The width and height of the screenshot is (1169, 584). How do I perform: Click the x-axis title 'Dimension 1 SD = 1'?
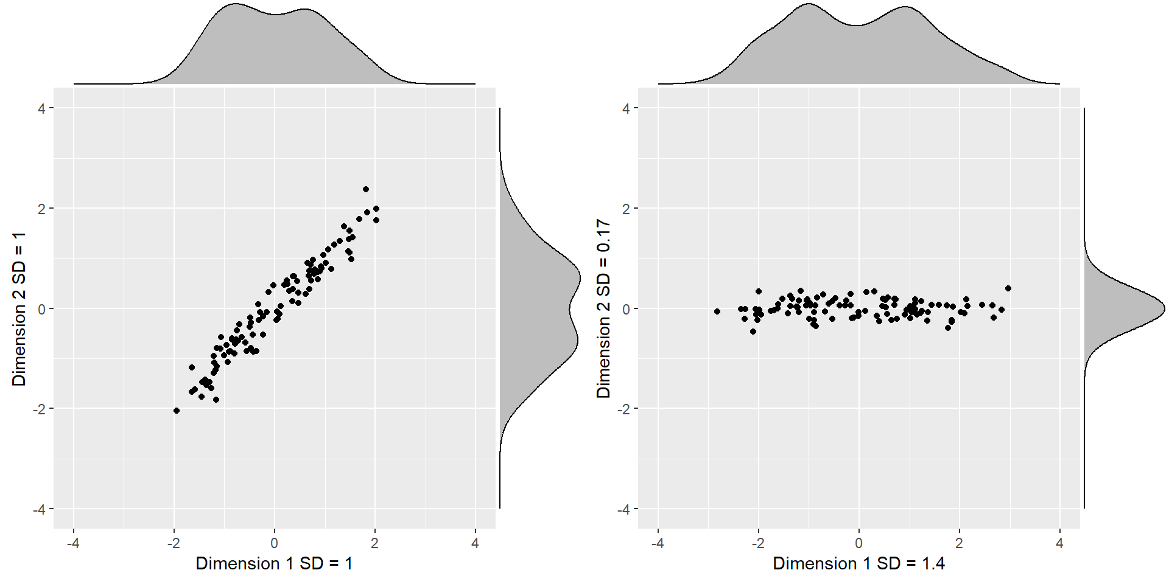pos(274,563)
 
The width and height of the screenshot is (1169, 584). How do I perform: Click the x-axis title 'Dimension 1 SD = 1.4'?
pos(858,563)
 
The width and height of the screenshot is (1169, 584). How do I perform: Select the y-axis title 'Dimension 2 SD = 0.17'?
pos(603,308)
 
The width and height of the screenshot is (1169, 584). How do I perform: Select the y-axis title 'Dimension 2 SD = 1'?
pos(19,308)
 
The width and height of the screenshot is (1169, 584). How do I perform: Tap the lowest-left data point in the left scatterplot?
pos(177,411)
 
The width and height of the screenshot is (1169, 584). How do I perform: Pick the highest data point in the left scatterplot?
pos(366,189)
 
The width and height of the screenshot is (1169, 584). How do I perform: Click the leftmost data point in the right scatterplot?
pos(717,311)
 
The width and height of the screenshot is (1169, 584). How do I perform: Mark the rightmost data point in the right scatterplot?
pos(1008,288)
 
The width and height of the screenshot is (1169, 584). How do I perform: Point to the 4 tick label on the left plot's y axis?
pos(41,108)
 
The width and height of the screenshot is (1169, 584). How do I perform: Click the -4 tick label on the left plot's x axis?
pos(73,543)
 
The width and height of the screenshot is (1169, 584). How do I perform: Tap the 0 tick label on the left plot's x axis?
pos(274,543)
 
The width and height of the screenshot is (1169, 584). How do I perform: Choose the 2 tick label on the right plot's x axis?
pos(959,543)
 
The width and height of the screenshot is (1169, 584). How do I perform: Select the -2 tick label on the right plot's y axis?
pos(623,409)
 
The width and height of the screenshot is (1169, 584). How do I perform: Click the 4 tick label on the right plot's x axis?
pos(1059,543)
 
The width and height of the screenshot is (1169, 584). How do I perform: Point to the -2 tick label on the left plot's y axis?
pos(38,409)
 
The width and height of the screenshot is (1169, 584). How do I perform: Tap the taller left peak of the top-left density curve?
pos(235,5)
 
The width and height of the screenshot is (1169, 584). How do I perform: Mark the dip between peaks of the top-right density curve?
pos(856,26)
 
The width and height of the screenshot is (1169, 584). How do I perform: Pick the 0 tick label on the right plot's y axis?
pos(626,309)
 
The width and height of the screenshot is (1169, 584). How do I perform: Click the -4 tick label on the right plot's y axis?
pos(623,509)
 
